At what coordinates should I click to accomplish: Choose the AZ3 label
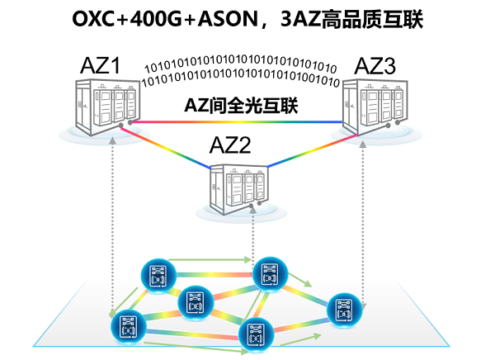(375, 64)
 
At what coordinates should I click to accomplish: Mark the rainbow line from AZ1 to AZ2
(169, 147)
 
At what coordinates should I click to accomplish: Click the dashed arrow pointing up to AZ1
(112, 223)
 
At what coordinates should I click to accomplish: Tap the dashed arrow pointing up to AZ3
(363, 215)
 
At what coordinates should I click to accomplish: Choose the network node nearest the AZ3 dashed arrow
(342, 309)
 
